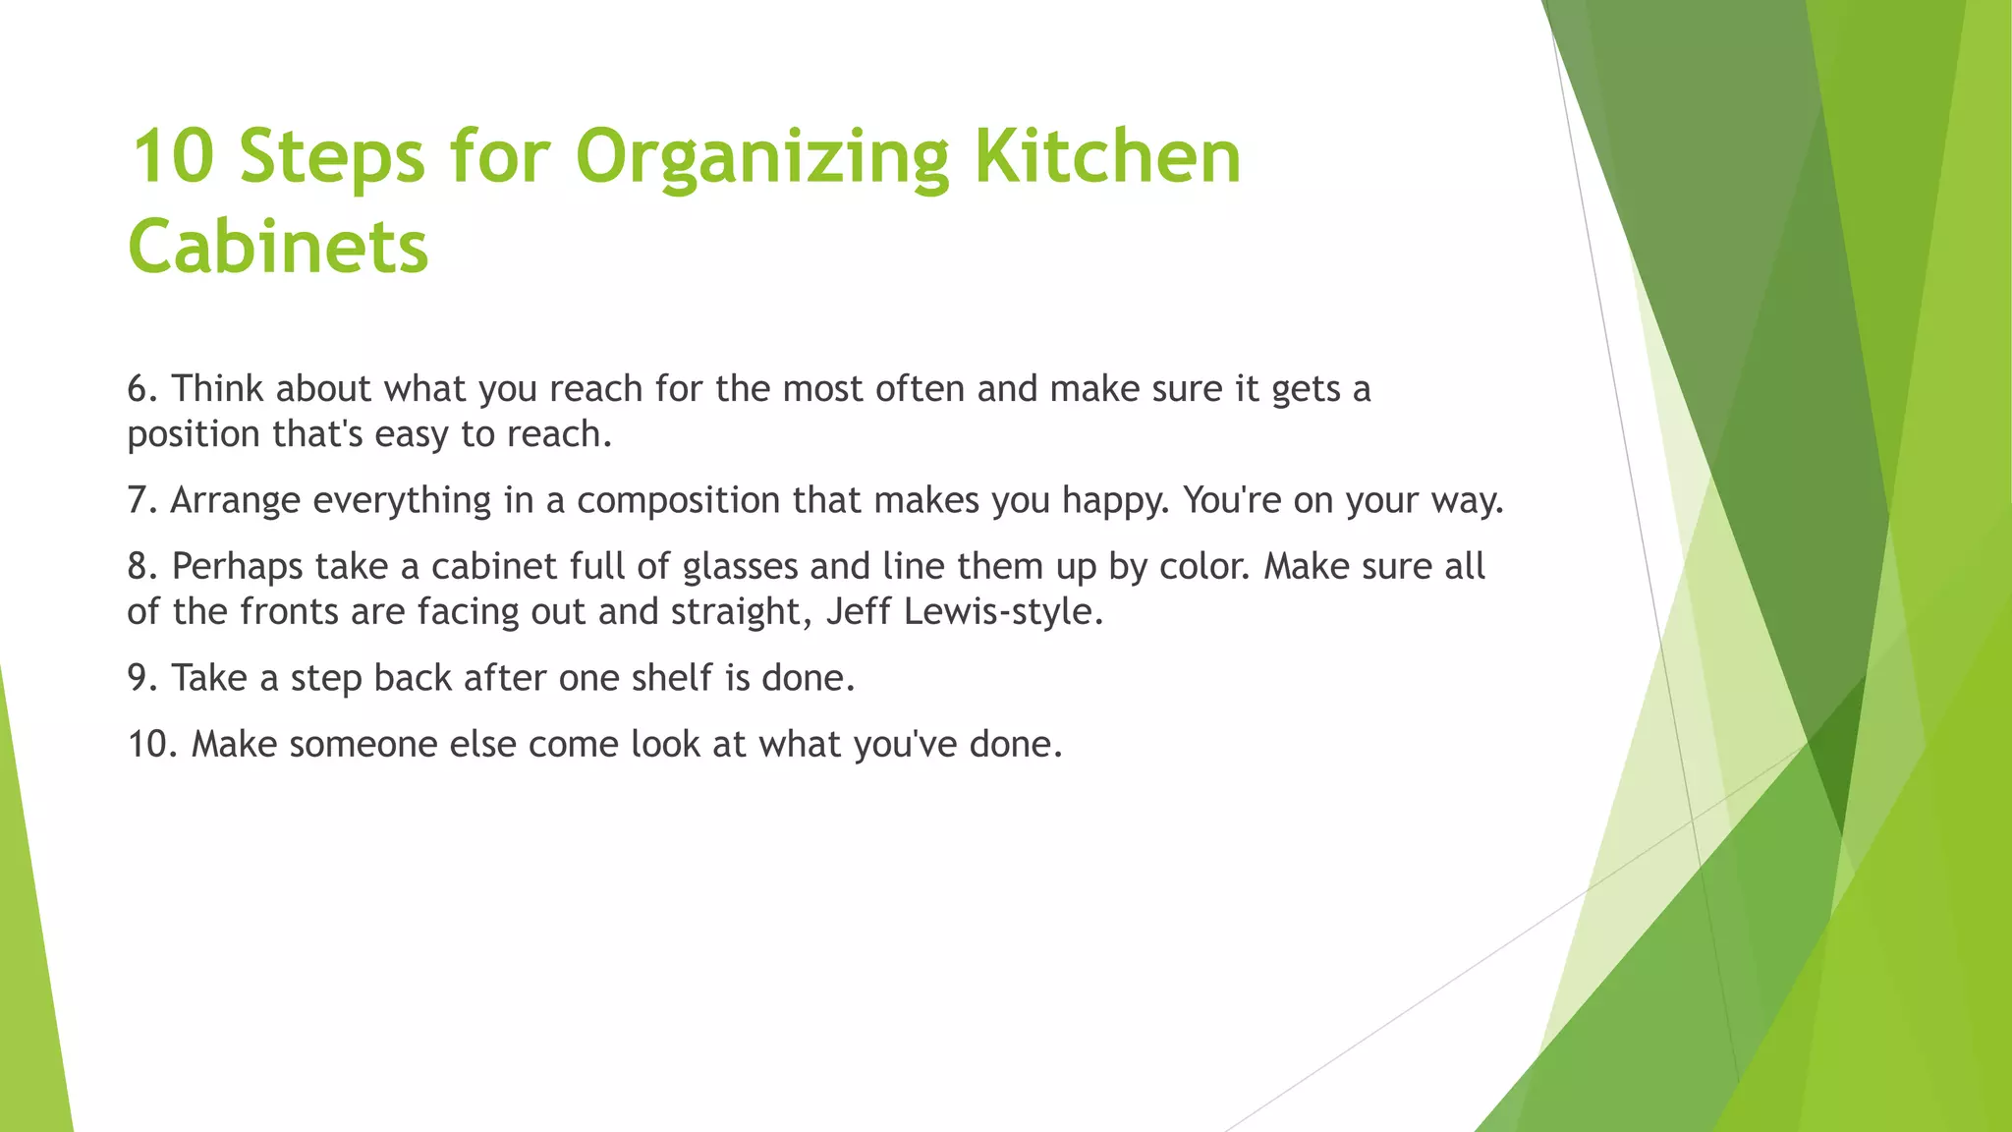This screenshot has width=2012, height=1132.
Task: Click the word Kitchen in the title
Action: [1107, 157]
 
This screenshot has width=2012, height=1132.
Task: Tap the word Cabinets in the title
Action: [278, 246]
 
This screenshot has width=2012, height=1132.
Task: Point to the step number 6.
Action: [141, 389]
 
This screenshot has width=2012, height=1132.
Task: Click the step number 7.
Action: [141, 501]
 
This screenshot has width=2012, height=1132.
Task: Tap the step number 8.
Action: [141, 567]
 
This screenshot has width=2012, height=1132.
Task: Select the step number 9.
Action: [141, 678]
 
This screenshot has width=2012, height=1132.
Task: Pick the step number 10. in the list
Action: [152, 744]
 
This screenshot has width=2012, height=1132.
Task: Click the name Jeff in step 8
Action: [858, 611]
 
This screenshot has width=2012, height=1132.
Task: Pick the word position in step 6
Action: [194, 434]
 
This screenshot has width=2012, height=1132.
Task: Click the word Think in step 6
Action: [218, 389]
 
